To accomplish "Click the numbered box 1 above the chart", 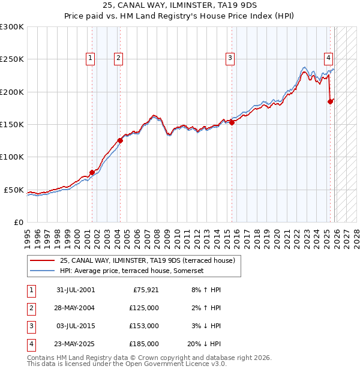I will click(89, 58).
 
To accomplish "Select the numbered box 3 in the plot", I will click(230, 58).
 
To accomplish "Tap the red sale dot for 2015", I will click(232, 122).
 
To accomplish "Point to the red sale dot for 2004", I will click(120, 140).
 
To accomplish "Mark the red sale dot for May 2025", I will click(330, 101).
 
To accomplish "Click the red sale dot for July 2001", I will click(92, 172).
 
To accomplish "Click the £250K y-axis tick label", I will click(12, 59).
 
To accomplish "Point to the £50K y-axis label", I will click(14, 190).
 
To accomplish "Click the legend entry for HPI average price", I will click(132, 271).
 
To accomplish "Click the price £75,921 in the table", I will click(144, 290).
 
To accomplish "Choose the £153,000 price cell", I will click(144, 326).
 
